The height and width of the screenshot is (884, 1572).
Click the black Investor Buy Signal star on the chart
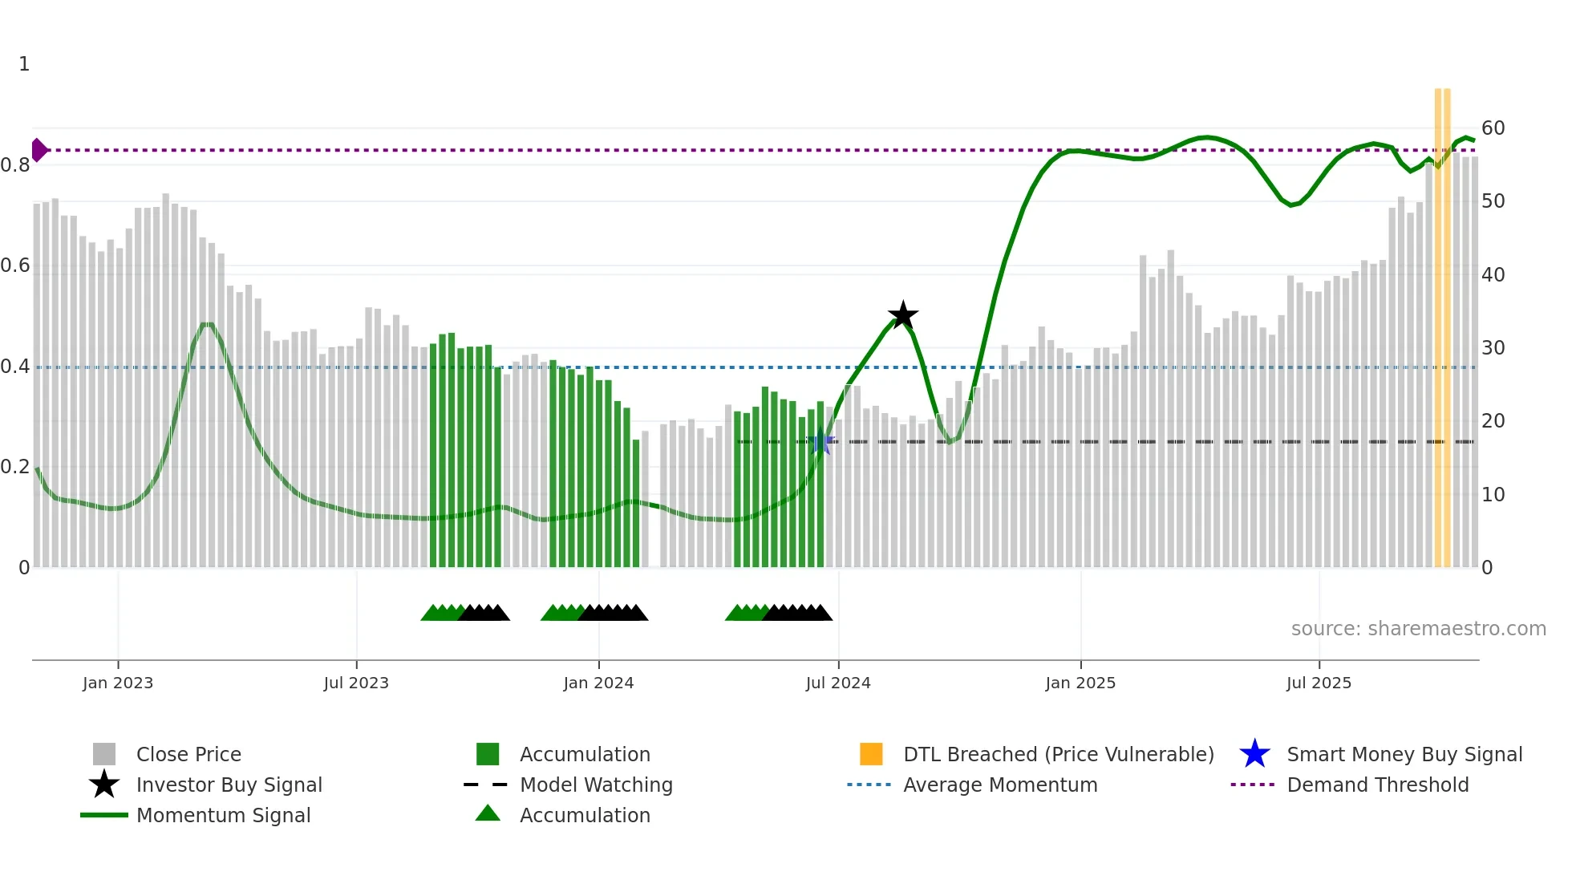click(x=903, y=315)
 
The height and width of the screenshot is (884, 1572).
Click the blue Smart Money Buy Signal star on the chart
click(x=820, y=443)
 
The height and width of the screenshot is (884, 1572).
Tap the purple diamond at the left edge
click(x=38, y=150)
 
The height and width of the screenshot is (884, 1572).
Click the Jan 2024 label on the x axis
click(x=598, y=683)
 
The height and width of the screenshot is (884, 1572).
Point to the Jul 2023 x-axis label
click(x=356, y=683)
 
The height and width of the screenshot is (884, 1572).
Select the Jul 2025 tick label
click(x=1319, y=683)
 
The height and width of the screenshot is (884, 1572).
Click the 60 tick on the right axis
click(x=1493, y=128)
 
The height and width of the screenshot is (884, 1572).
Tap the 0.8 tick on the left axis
click(x=15, y=165)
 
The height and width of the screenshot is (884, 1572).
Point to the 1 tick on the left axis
click(x=24, y=64)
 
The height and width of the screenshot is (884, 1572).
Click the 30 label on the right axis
click(x=1493, y=348)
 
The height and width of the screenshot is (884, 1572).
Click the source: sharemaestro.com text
click(x=1418, y=629)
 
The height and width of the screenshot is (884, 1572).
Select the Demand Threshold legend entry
click(x=1377, y=785)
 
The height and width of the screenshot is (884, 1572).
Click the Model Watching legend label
click(x=596, y=785)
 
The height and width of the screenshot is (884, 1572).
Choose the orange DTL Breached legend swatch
click(x=871, y=754)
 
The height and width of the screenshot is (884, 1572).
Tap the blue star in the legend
click(x=1254, y=754)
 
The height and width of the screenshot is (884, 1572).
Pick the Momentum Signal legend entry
click(x=223, y=815)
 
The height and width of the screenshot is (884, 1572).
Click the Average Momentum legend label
click(x=1000, y=785)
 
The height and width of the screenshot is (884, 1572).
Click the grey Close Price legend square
click(x=104, y=754)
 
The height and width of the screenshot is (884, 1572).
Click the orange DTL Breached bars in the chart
click(x=1442, y=321)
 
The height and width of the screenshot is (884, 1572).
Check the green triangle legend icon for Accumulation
click(x=488, y=814)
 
